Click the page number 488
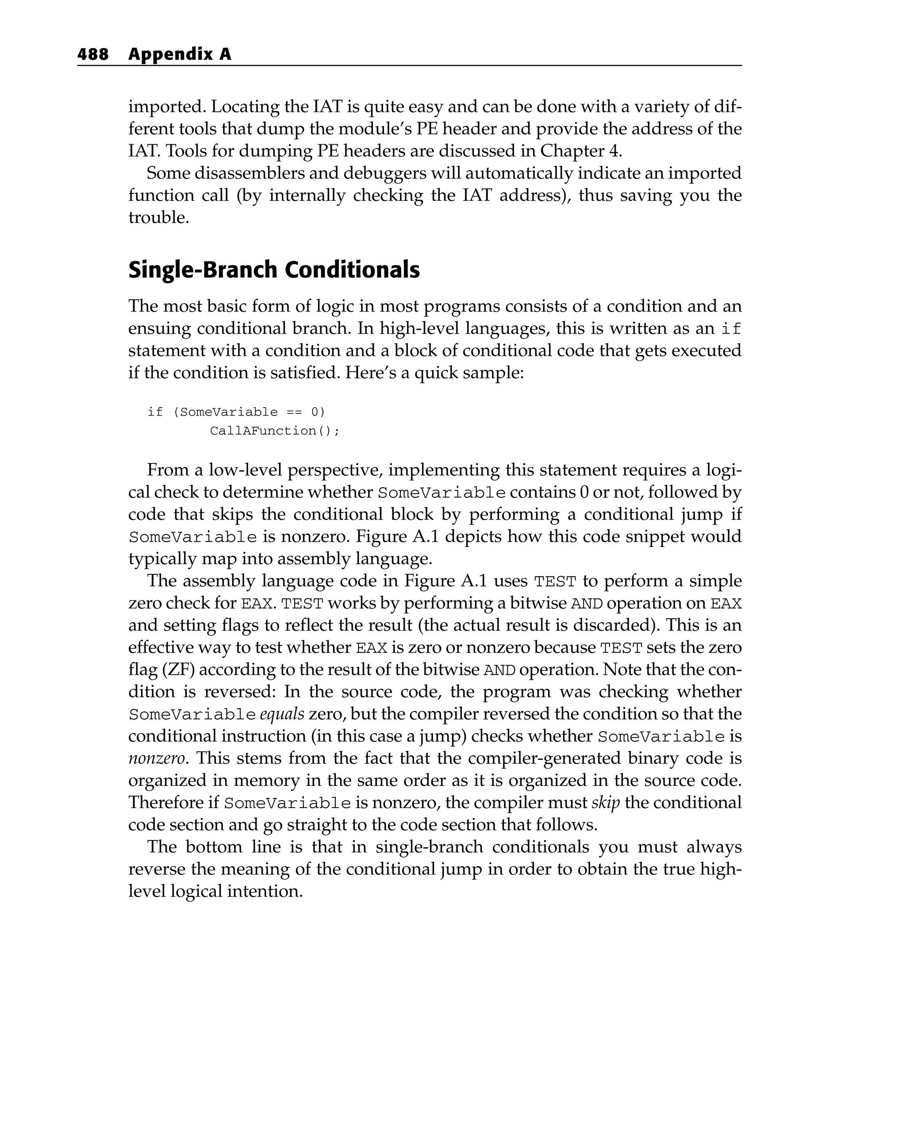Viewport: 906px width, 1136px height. (93, 54)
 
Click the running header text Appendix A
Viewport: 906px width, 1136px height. (180, 54)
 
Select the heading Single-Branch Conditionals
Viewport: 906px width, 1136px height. (274, 270)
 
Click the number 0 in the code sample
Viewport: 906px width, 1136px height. (315, 412)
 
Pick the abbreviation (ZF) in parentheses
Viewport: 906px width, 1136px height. (178, 670)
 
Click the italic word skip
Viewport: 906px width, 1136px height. (605, 802)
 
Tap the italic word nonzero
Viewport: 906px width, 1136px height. (157, 758)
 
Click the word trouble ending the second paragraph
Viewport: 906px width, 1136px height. (158, 218)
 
